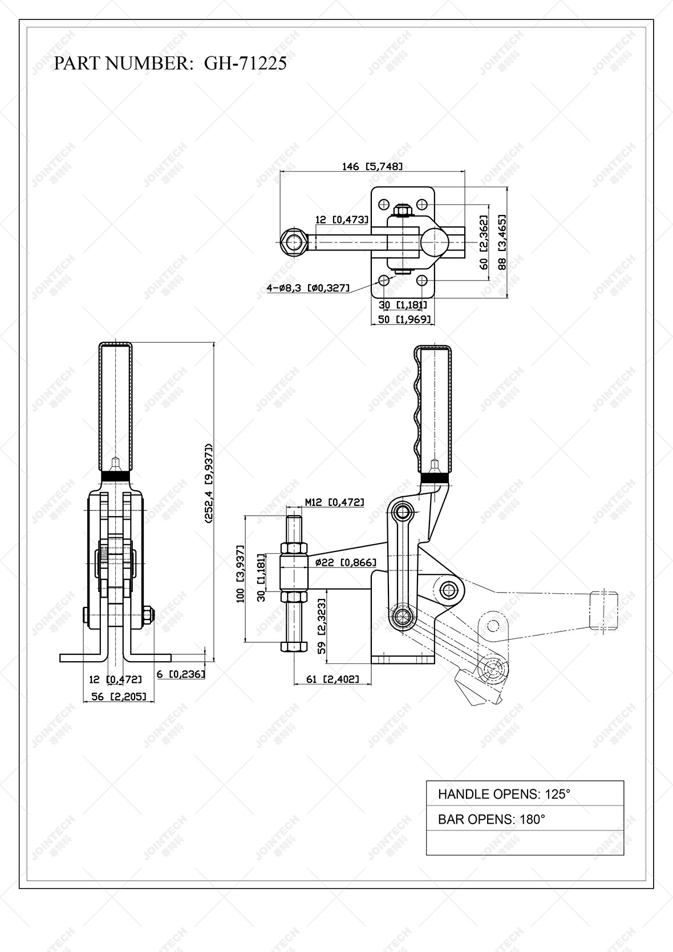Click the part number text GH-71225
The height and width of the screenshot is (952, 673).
click(245, 63)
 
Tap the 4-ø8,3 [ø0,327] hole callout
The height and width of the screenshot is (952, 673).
click(308, 288)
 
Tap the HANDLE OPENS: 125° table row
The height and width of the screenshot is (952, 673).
click(525, 793)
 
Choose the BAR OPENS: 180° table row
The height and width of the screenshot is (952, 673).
click(525, 819)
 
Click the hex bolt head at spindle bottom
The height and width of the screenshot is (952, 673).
click(294, 647)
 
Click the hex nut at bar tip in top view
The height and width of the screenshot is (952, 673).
click(294, 242)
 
